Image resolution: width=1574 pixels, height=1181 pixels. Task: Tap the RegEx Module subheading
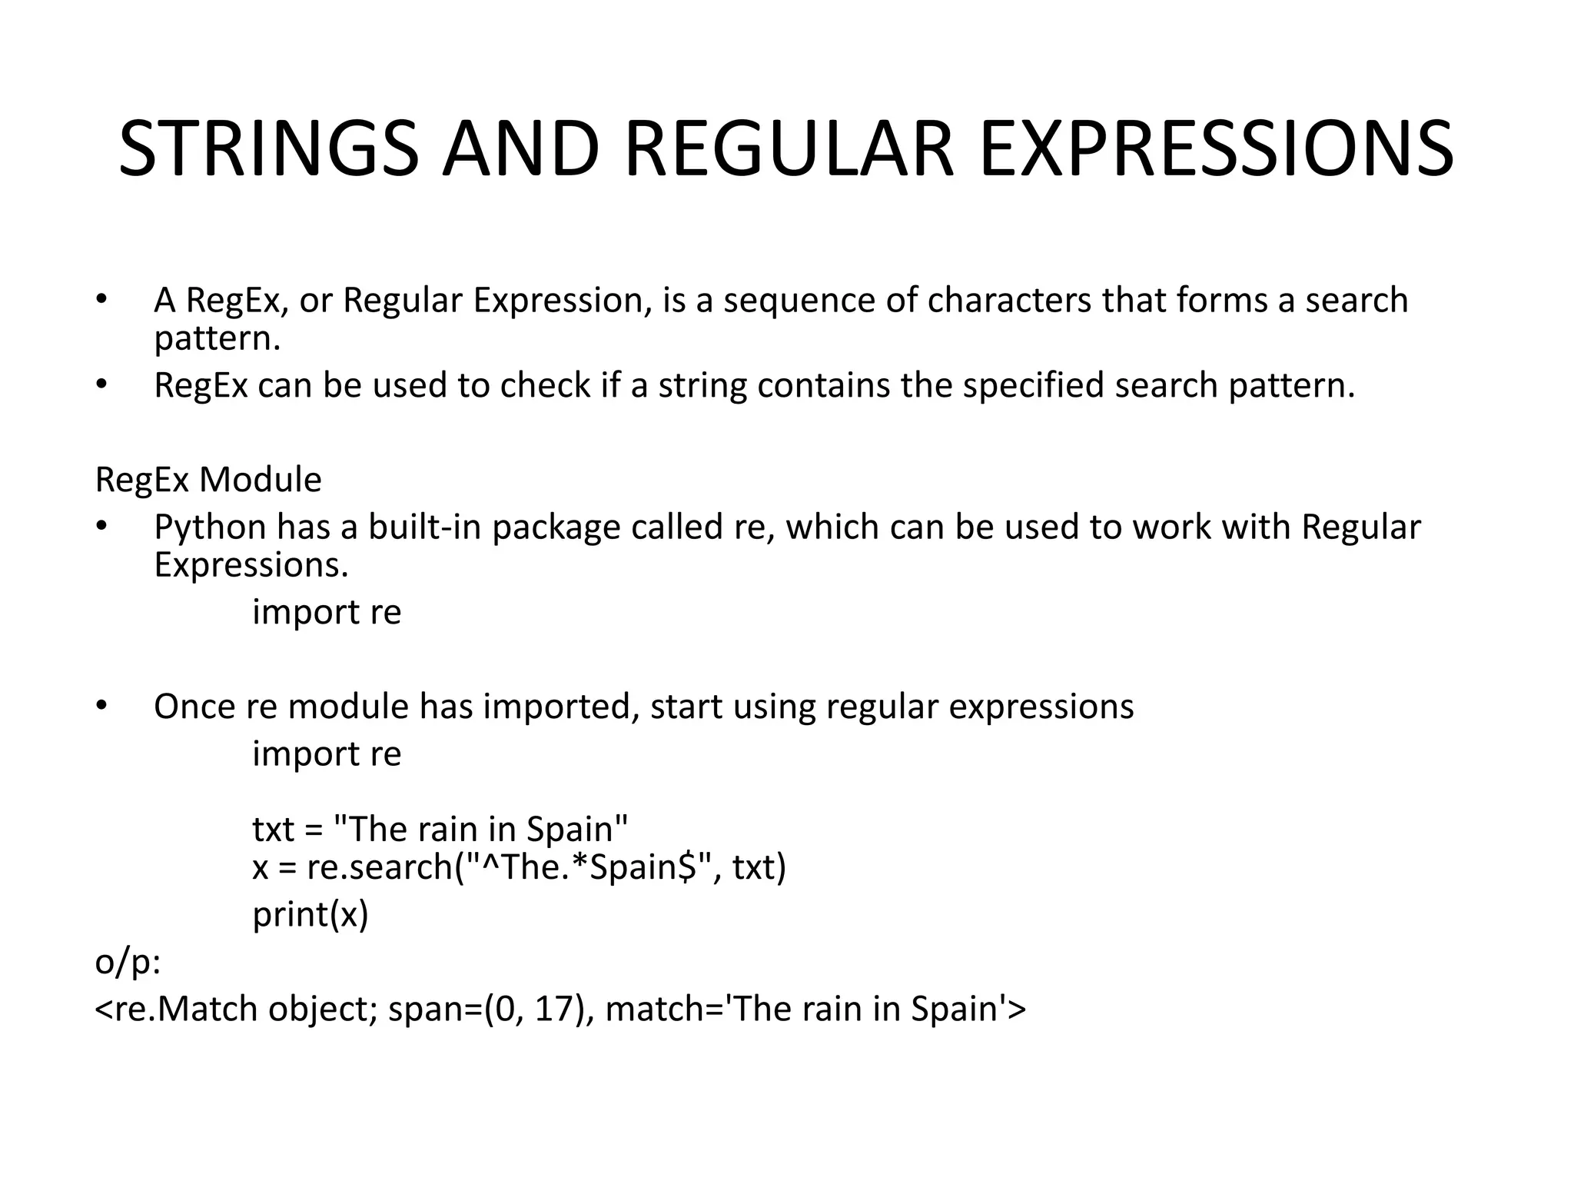pyautogui.click(x=208, y=480)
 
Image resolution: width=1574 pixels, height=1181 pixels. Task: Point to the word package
pyautogui.click(x=556, y=528)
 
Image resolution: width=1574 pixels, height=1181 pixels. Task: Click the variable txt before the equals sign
pyautogui.click(x=273, y=830)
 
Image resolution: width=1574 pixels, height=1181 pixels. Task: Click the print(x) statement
pyautogui.click(x=310, y=914)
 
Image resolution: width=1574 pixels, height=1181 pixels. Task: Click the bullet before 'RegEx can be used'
pyautogui.click(x=101, y=384)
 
